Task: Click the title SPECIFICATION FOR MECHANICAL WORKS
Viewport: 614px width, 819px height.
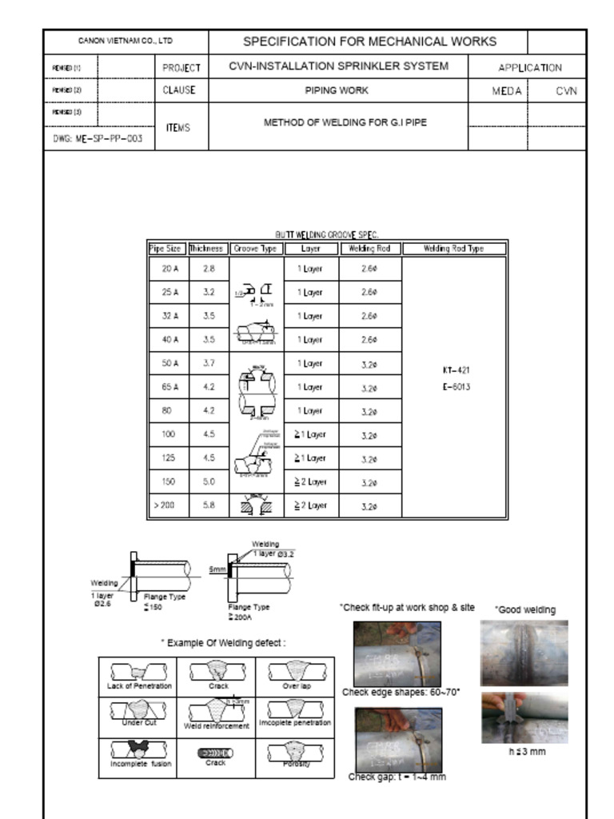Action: [369, 42]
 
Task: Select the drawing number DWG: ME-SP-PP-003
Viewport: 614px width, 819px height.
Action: [98, 138]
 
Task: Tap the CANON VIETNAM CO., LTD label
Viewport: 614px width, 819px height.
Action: [126, 41]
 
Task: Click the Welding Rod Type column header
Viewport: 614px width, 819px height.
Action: [454, 249]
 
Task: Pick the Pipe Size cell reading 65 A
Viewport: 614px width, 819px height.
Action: [169, 387]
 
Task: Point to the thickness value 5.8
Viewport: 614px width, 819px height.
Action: [209, 505]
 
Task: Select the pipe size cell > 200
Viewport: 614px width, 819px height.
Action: [166, 505]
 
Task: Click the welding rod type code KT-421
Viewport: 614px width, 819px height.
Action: [455, 370]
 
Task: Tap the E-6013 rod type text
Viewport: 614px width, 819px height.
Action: [455, 387]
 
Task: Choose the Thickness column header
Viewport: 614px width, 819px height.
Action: [209, 249]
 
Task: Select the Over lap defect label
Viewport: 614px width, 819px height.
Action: [296, 686]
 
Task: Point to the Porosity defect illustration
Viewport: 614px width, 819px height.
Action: [296, 752]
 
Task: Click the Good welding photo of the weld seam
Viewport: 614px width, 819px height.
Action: [524, 652]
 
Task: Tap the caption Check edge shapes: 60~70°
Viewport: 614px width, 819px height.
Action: [401, 693]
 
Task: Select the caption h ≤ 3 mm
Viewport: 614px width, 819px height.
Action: [527, 752]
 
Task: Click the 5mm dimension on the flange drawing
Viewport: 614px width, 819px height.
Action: [217, 569]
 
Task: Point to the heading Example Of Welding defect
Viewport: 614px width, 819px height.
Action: [223, 642]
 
